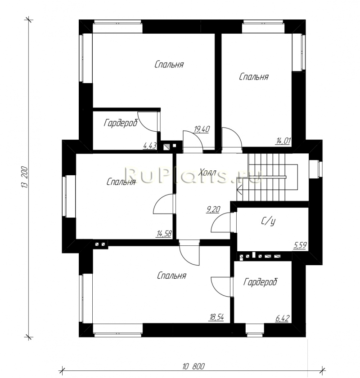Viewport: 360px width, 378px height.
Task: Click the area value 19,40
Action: [202, 129]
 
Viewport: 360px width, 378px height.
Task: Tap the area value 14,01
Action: [283, 141]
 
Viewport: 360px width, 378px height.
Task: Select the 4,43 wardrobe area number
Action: [149, 146]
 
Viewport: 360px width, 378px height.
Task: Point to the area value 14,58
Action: [164, 234]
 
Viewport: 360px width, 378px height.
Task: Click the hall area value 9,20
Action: [213, 209]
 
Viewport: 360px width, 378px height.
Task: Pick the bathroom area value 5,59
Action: [300, 246]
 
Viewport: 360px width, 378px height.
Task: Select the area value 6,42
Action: [282, 319]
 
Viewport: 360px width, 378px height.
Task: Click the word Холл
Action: [207, 173]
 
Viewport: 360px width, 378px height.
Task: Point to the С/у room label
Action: [268, 222]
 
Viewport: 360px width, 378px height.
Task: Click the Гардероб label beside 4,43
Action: [121, 123]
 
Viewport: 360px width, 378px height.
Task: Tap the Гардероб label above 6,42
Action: [261, 281]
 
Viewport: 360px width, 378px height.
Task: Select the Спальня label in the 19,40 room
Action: [169, 65]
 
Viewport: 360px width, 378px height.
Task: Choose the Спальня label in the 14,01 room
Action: [254, 77]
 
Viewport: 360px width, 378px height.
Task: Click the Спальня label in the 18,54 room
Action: [171, 276]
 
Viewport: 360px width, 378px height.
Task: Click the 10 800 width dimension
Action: [193, 366]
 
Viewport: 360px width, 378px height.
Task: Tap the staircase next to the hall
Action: [267, 178]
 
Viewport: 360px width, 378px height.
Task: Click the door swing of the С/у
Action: [221, 222]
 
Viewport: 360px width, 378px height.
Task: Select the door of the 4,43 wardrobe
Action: [148, 122]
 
